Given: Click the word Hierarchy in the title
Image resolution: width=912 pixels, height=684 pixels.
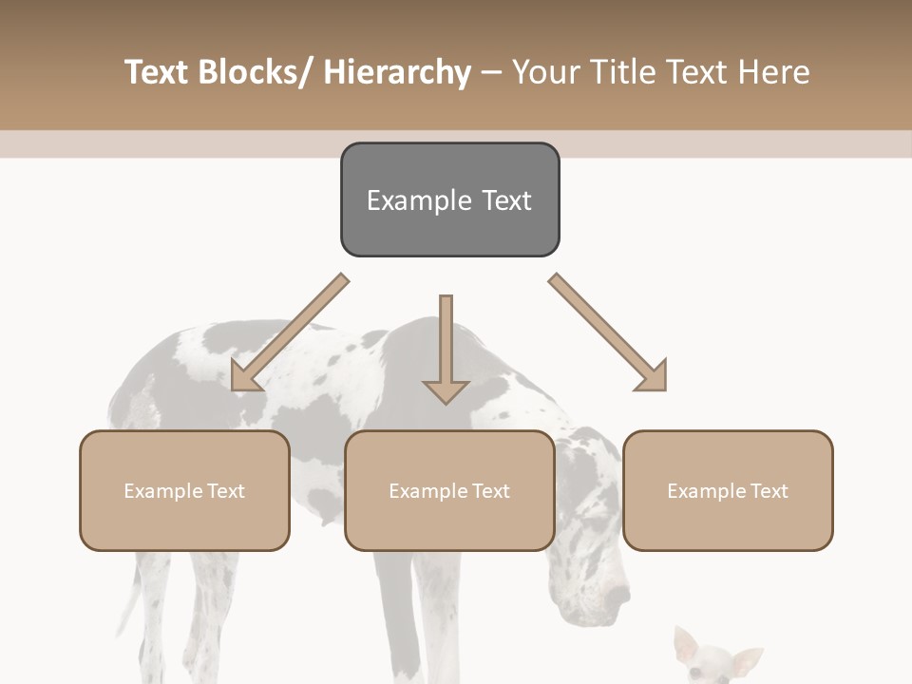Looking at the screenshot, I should click(396, 73).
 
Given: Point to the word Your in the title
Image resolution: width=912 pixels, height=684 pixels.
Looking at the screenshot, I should click(545, 73).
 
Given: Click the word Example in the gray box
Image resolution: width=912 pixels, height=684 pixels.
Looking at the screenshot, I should click(419, 200).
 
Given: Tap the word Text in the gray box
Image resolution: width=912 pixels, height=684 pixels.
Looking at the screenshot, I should click(506, 200).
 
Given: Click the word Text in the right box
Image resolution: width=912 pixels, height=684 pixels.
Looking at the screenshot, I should click(768, 491).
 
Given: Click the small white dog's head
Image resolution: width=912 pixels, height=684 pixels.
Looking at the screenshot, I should click(714, 660).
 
